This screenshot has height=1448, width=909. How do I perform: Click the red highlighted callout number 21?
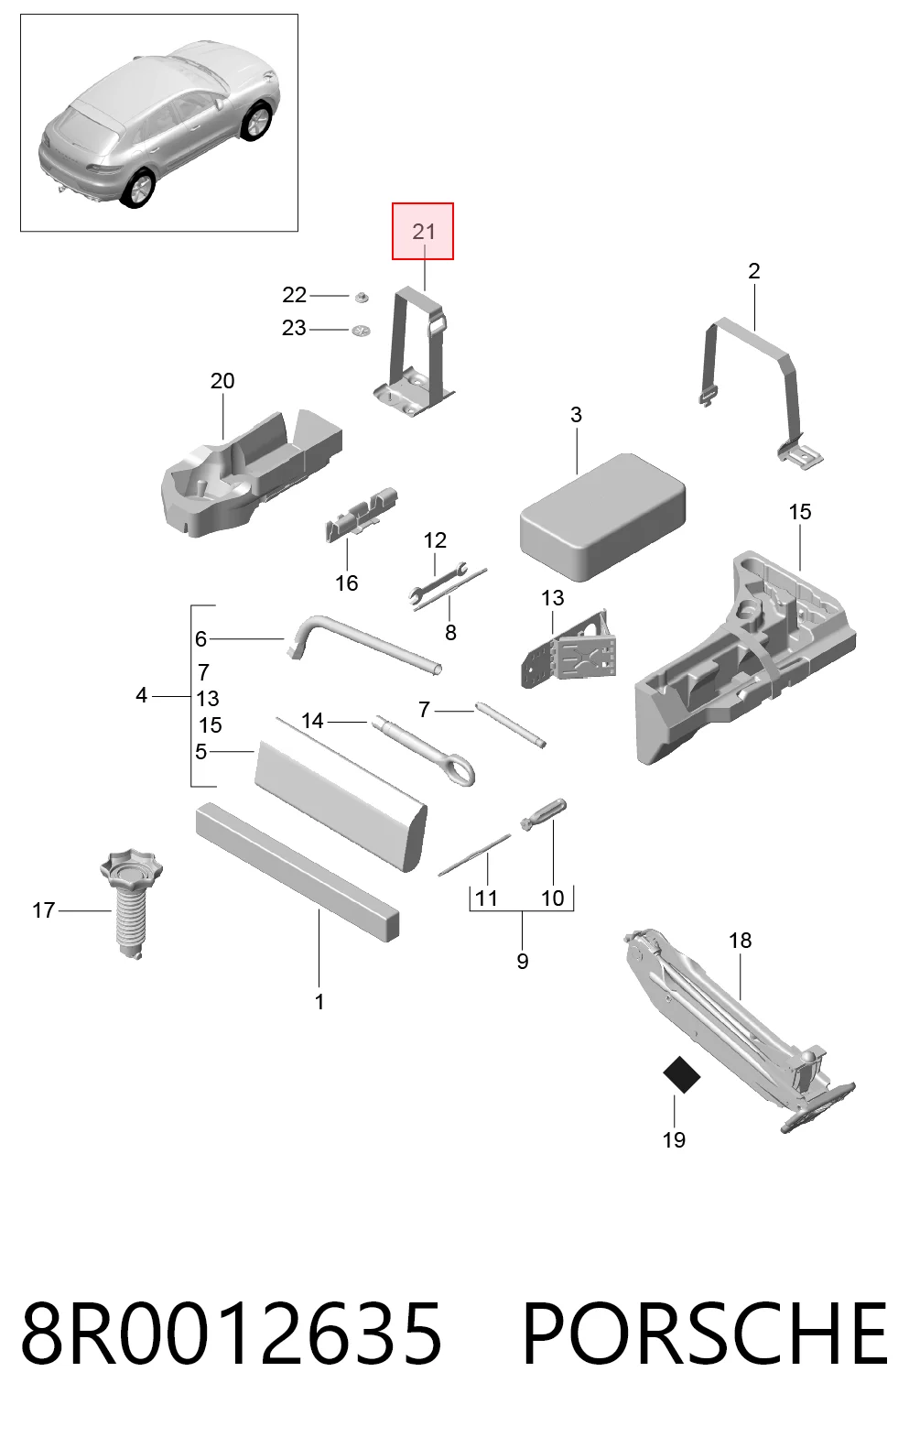pos(423,232)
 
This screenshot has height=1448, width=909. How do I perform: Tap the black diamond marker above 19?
pos(682,1074)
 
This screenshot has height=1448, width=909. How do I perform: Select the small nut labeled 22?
pos(362,298)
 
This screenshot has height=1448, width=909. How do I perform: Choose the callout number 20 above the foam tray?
pos(222,381)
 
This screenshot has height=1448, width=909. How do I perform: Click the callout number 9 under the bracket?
pos(523,961)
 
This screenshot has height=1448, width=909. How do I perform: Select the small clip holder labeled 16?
pos(360,516)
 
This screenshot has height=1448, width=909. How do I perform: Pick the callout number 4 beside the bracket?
pos(142,695)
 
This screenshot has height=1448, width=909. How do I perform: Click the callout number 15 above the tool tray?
pos(800,511)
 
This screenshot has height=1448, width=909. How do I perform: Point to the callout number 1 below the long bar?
pos(319,1001)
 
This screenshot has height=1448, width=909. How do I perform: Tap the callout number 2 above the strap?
pos(754,271)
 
